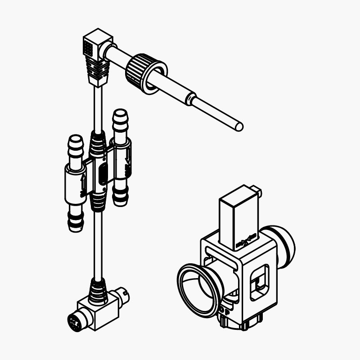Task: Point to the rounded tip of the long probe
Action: (x=239, y=127)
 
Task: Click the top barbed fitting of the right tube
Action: (x=120, y=122)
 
